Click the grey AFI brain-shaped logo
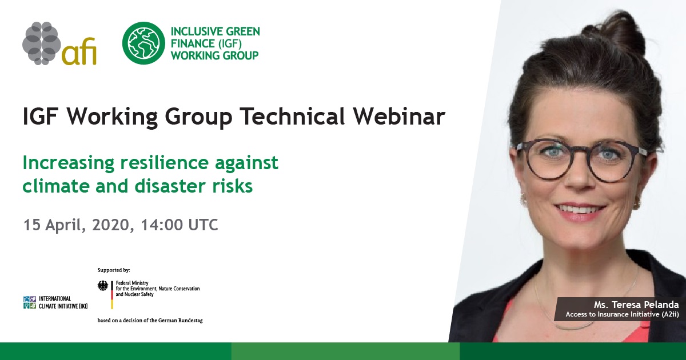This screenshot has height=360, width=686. (42, 43)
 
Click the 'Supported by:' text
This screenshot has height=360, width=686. (114, 270)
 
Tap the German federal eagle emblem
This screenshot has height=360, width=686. (103, 286)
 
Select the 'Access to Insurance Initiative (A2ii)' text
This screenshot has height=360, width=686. (622, 314)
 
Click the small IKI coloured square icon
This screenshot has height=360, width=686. (30, 302)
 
